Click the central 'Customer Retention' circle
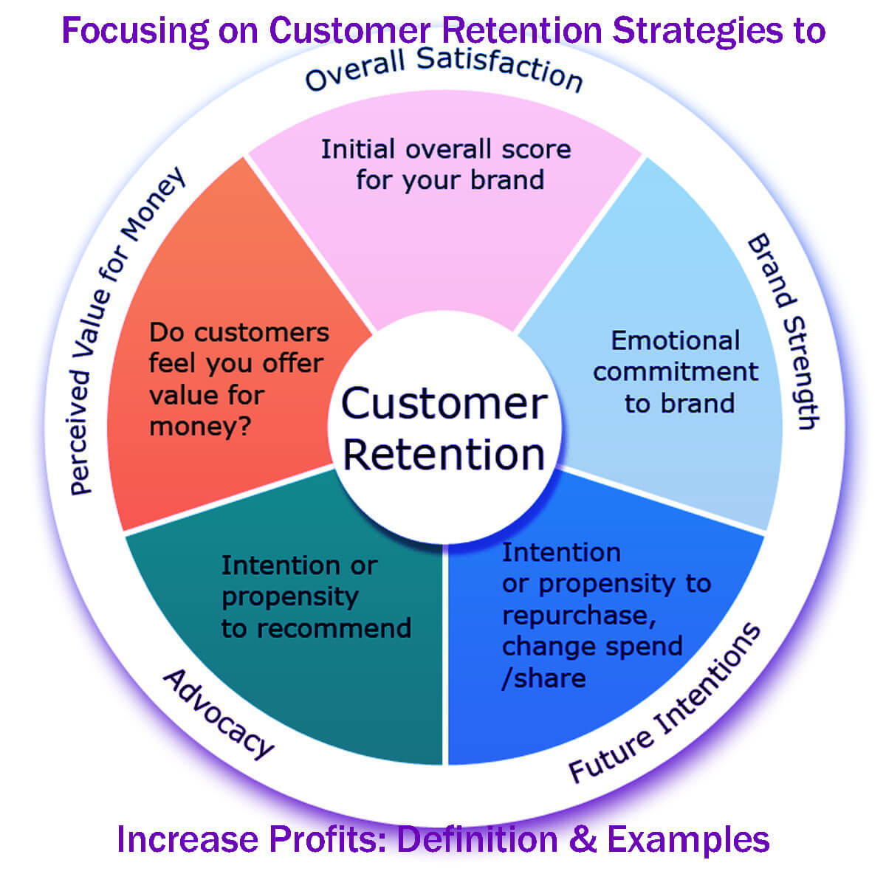pos(444,428)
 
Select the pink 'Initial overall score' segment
pos(446,221)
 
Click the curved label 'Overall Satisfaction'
pos(444,71)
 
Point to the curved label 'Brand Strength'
pos(783,331)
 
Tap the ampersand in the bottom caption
pos(583,839)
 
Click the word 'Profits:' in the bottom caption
pos(329,839)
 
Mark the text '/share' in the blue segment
pos(543,678)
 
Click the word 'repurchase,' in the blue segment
pos(579,615)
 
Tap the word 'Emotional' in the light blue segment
pos(675,340)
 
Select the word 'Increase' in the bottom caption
pos(189,839)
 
